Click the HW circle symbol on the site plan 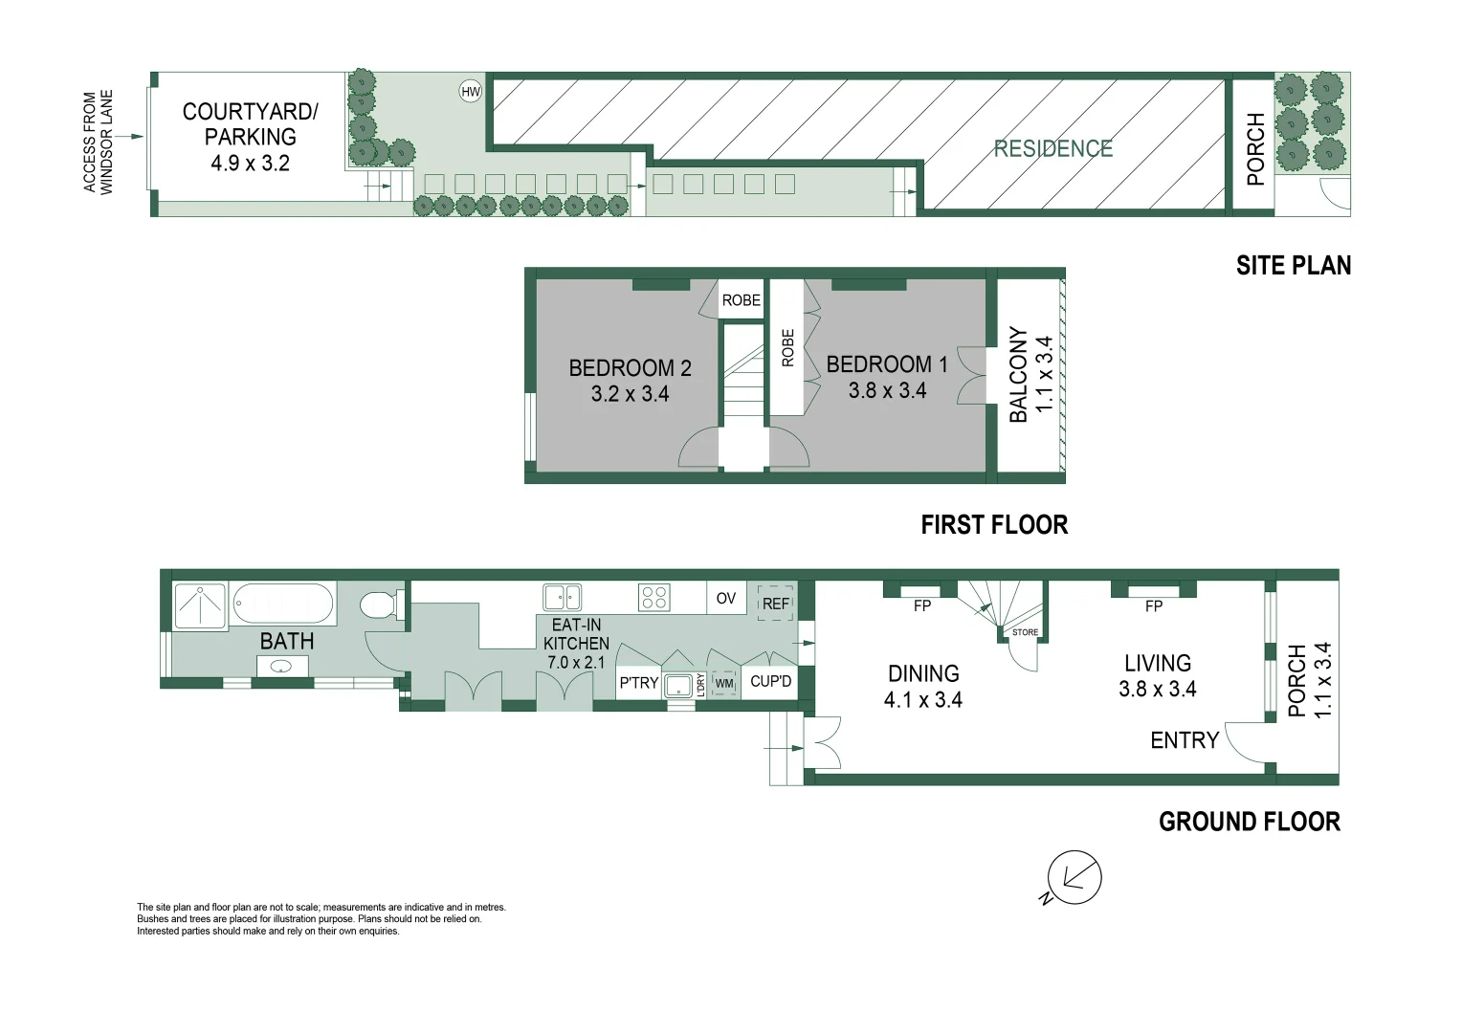[x=471, y=92]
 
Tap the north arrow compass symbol [x=1074, y=877]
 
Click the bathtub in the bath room [x=283, y=604]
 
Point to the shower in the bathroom [x=200, y=606]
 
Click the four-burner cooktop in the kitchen [x=654, y=598]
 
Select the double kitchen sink [x=562, y=598]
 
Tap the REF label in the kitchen [x=776, y=604]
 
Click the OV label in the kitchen [x=726, y=599]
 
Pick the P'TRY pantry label [x=638, y=683]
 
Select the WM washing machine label [x=724, y=684]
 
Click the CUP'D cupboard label [x=770, y=682]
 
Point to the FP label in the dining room [x=922, y=605]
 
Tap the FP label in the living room [x=1154, y=606]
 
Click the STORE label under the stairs [x=1025, y=632]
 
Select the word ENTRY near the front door [x=1185, y=740]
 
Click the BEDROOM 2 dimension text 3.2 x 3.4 [x=630, y=394]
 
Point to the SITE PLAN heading [x=1293, y=266]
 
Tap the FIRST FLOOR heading [x=994, y=525]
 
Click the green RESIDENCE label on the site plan [x=1052, y=149]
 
